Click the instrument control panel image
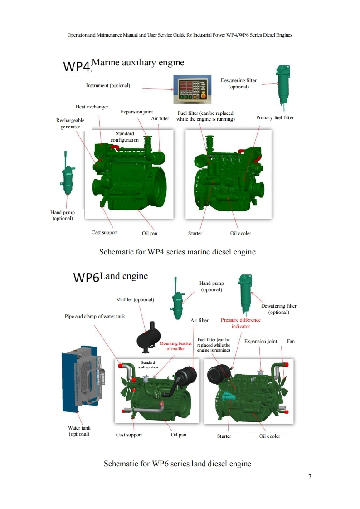pyautogui.click(x=190, y=88)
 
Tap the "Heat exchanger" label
pyautogui.click(x=92, y=107)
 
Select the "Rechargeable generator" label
pyautogui.click(x=70, y=123)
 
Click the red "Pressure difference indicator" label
pyautogui.click(x=241, y=323)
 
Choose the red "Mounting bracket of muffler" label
pyautogui.click(x=175, y=346)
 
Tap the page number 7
pyautogui.click(x=310, y=476)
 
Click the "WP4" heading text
pyautogui.click(x=77, y=66)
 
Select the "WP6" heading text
pyautogui.click(x=86, y=277)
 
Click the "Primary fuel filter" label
pyautogui.click(x=275, y=117)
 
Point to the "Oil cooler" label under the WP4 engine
pyautogui.click(x=240, y=233)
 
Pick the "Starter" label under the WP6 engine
pyautogui.click(x=224, y=436)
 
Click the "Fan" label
pyautogui.click(x=291, y=341)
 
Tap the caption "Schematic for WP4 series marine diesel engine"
pyautogui.click(x=177, y=252)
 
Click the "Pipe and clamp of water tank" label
pyautogui.click(x=95, y=316)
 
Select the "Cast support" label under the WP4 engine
pyautogui.click(x=104, y=232)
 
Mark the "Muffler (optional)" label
pyautogui.click(x=135, y=299)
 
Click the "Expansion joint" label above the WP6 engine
pyautogui.click(x=261, y=341)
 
